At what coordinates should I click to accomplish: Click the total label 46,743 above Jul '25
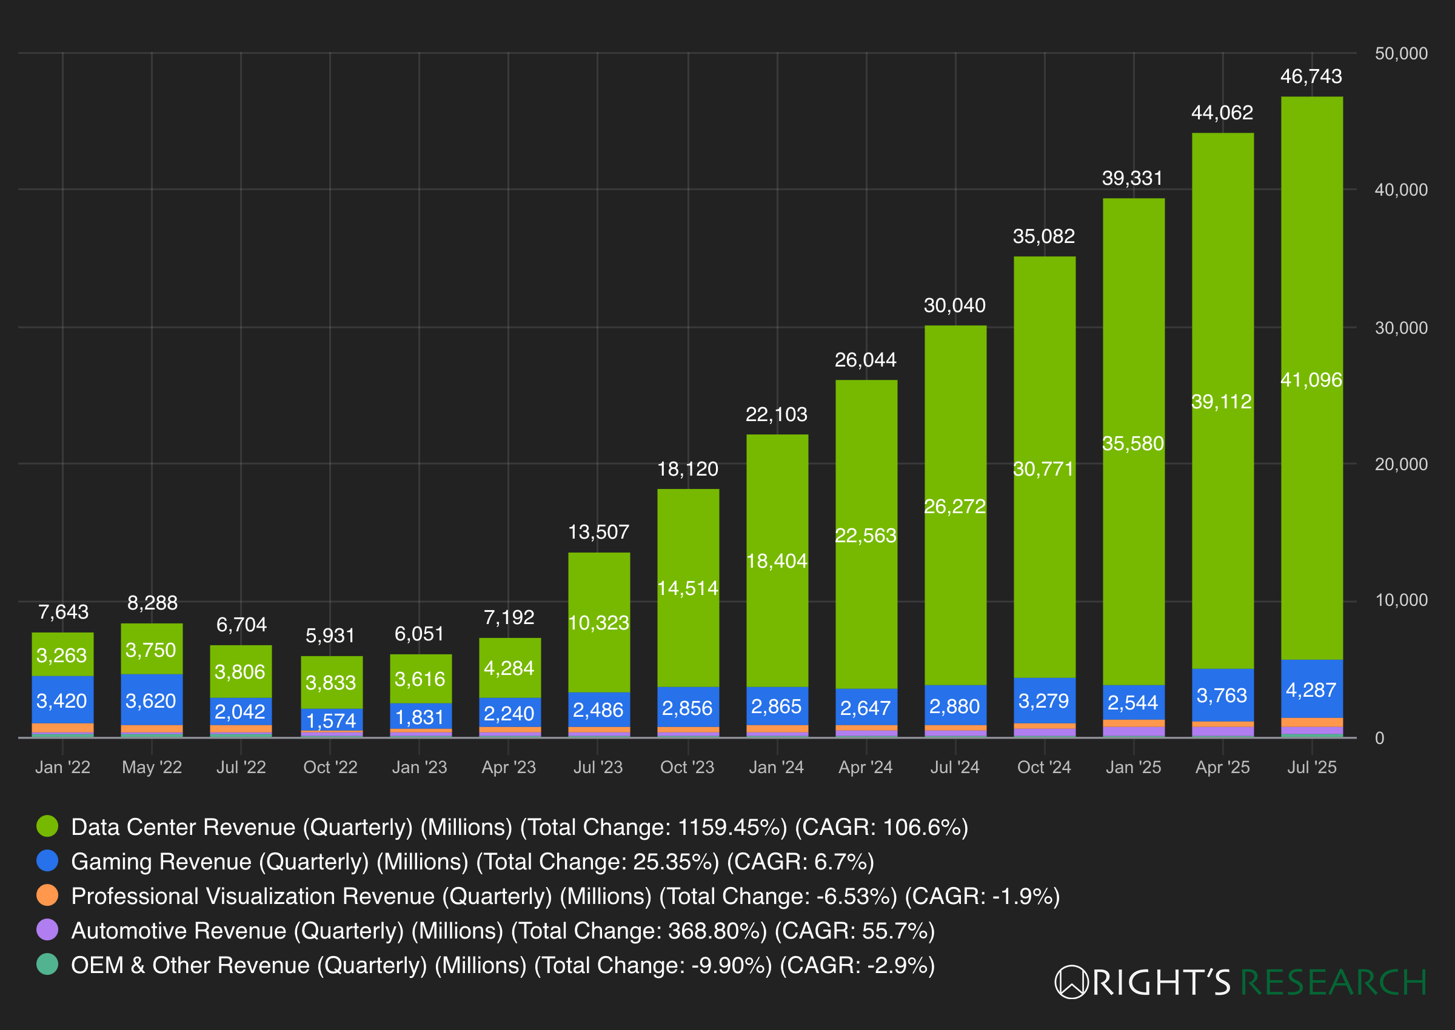pos(1311,77)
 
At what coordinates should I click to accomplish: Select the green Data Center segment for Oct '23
pos(688,587)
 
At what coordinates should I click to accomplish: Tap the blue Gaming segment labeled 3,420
pos(62,700)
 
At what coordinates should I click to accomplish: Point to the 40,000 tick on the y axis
pos(1400,190)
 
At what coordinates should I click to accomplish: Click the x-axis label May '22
pos(152,768)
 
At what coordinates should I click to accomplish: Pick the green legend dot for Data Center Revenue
pos(47,826)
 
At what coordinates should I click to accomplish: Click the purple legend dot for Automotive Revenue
pos(47,930)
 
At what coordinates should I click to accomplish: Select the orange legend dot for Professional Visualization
pos(47,895)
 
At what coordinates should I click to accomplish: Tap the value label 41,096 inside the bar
pos(1311,379)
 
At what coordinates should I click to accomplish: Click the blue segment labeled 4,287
pos(1311,689)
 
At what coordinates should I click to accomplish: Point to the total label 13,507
pos(598,531)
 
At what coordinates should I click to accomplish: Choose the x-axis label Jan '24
pos(776,768)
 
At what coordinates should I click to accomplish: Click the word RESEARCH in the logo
pos(1333,982)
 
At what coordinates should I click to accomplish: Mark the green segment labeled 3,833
pos(330,682)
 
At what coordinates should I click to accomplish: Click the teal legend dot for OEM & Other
pos(47,964)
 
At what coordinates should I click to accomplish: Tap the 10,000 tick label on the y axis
pos(1400,600)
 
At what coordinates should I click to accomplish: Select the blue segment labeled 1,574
pos(330,720)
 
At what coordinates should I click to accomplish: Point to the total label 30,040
pos(954,306)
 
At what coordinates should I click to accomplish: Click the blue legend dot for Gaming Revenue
pos(47,861)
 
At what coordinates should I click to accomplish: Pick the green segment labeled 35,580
pos(1132,444)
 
